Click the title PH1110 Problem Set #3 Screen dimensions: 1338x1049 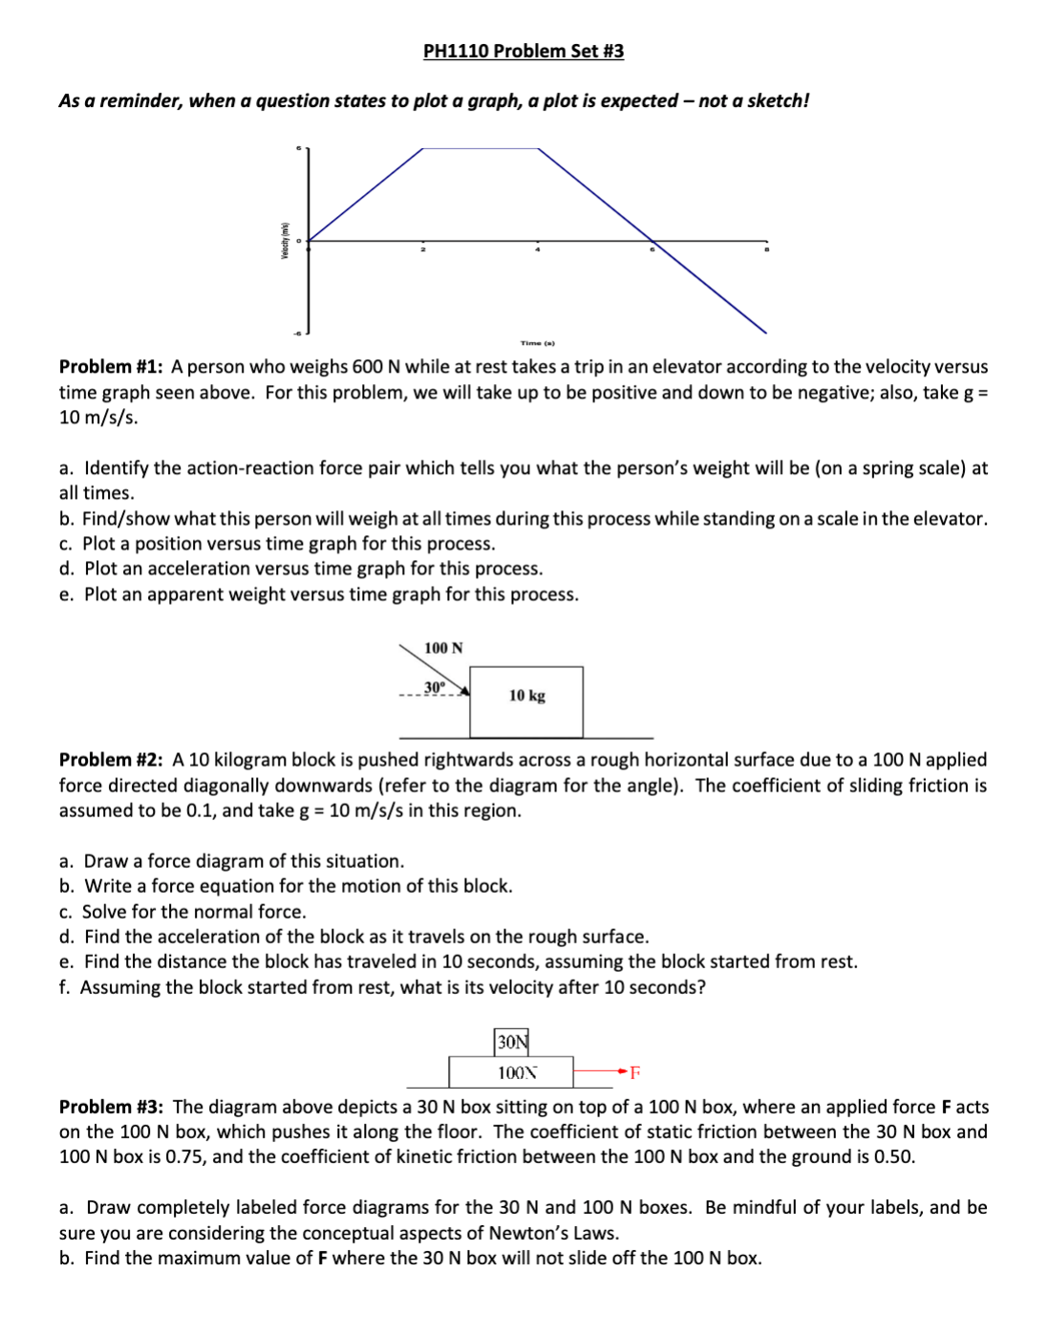pyautogui.click(x=524, y=51)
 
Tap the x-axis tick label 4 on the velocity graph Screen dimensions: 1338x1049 pyautogui.click(x=537, y=250)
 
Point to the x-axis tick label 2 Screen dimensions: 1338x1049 pyautogui.click(x=423, y=250)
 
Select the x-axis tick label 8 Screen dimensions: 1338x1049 pyautogui.click(x=765, y=250)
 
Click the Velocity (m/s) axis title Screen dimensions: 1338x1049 pyautogui.click(x=284, y=240)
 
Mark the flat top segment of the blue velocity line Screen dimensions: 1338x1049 pyautogui.click(x=481, y=148)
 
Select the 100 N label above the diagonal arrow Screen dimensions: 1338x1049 pyautogui.click(x=443, y=648)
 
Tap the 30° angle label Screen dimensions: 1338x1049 pyautogui.click(x=435, y=687)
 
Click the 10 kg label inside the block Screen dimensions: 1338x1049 pyautogui.click(x=526, y=696)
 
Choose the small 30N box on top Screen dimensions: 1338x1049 pyautogui.click(x=511, y=1042)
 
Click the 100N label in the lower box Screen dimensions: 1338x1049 pyautogui.click(x=517, y=1073)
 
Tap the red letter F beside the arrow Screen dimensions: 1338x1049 pyautogui.click(x=634, y=1072)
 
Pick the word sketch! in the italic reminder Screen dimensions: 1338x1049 pyautogui.click(x=780, y=101)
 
